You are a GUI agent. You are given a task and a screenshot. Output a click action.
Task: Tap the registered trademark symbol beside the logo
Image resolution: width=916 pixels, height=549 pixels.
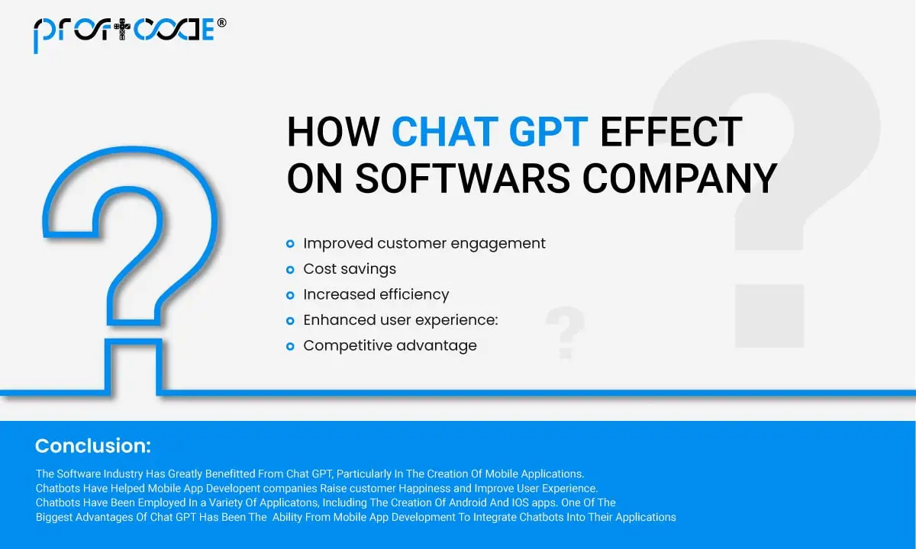[221, 22]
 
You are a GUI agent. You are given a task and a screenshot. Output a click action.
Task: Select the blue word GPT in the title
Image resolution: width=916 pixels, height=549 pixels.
[548, 131]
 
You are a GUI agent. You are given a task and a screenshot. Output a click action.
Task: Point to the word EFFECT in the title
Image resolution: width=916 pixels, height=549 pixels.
[671, 131]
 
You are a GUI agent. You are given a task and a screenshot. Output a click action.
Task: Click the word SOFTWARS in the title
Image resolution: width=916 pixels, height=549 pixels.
[463, 178]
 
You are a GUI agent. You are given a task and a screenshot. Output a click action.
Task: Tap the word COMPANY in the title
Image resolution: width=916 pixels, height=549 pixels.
[679, 178]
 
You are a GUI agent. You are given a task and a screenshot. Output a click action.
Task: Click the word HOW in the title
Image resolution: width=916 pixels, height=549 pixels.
[334, 131]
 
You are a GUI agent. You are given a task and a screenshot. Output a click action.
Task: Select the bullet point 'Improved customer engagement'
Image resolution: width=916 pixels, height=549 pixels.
[424, 244]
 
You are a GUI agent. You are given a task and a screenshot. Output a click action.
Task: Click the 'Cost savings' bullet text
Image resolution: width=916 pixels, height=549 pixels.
[350, 269]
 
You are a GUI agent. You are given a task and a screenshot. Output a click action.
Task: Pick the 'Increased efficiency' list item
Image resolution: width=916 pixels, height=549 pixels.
[376, 294]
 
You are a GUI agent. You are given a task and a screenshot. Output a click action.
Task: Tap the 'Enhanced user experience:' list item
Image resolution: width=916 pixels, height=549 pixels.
[401, 320]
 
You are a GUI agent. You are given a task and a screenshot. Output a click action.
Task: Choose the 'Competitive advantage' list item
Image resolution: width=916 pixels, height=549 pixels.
[390, 345]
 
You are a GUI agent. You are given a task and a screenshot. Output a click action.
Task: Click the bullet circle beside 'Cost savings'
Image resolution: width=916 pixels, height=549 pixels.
[290, 270]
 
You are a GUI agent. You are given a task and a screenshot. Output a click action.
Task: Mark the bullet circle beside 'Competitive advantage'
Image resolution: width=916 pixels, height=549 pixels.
[290, 346]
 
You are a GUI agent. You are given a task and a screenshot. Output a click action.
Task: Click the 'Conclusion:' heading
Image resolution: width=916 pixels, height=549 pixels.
[93, 445]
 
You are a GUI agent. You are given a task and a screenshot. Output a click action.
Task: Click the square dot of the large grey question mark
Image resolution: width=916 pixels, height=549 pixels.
[769, 316]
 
